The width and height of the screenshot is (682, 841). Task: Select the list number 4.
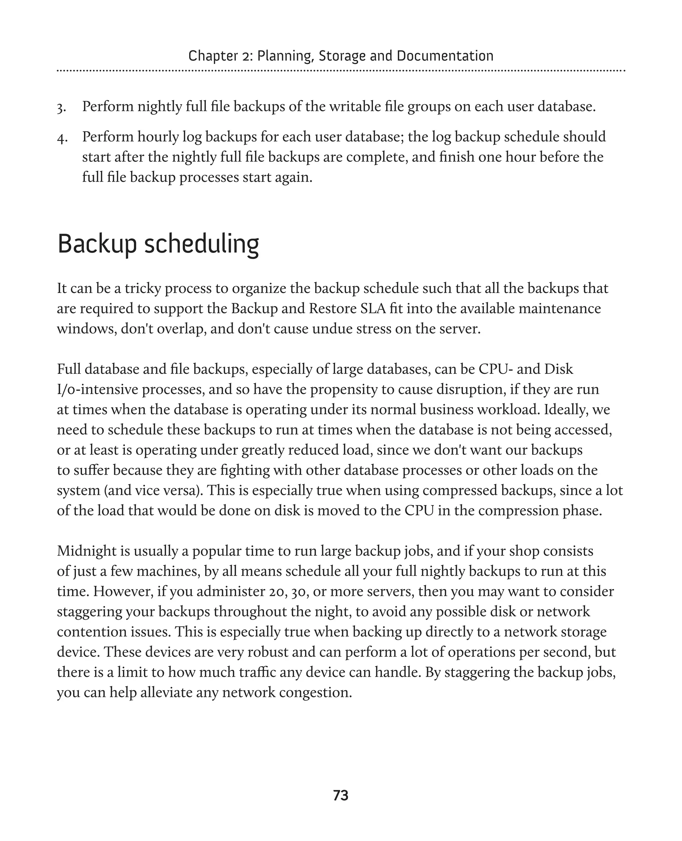(61, 138)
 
